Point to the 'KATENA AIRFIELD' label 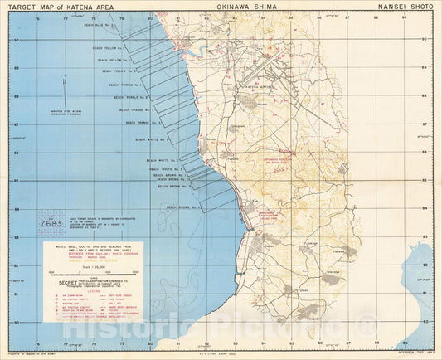click(259, 85)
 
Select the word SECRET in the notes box click(64, 280)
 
